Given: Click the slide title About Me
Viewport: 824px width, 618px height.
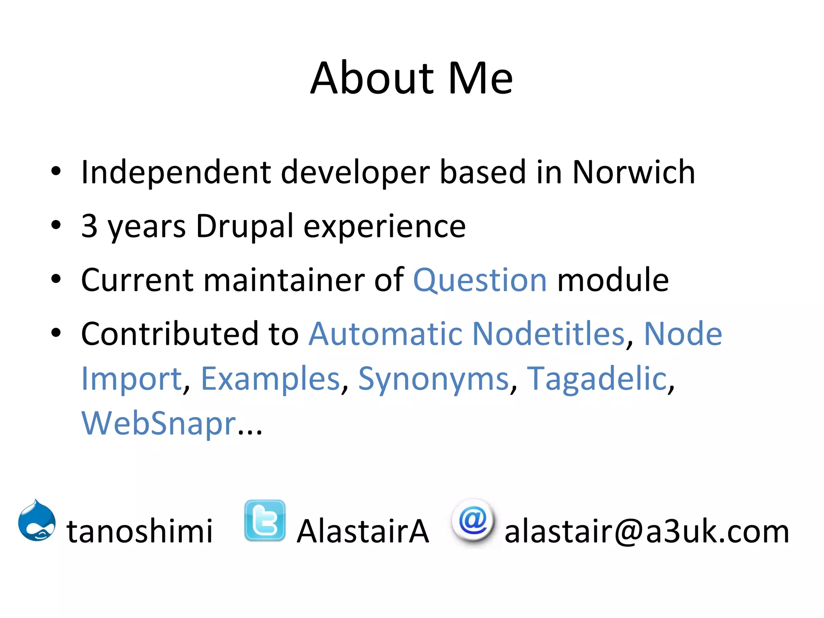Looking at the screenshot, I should tap(411, 78).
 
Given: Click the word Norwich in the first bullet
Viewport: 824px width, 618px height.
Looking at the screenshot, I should tap(633, 172).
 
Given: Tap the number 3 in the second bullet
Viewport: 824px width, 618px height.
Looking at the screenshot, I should tap(89, 226).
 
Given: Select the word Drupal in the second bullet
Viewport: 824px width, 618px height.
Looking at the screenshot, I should tap(245, 227).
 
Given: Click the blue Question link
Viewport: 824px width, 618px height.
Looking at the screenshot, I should tap(480, 280).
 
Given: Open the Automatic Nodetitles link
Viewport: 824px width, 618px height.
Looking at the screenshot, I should tap(466, 334).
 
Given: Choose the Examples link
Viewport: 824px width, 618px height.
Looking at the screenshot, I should tap(270, 379).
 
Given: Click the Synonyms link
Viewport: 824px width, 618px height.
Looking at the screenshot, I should tap(433, 379).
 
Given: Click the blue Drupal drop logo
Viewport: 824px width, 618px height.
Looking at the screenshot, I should tap(37, 521).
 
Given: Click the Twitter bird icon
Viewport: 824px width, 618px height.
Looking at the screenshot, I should tap(265, 521).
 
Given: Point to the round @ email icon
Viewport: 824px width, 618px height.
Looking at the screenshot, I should tap(473, 521).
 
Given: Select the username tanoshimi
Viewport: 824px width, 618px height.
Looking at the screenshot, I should tap(139, 531).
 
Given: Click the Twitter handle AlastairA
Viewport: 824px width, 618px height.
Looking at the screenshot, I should tap(363, 531).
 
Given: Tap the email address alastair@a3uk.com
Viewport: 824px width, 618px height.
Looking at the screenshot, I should tap(647, 531).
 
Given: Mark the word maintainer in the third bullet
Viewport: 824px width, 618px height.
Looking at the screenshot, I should tap(284, 280).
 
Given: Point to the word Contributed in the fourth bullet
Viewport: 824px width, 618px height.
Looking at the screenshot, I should tap(169, 334).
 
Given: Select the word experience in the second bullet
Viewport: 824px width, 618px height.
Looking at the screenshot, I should tap(384, 227).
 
